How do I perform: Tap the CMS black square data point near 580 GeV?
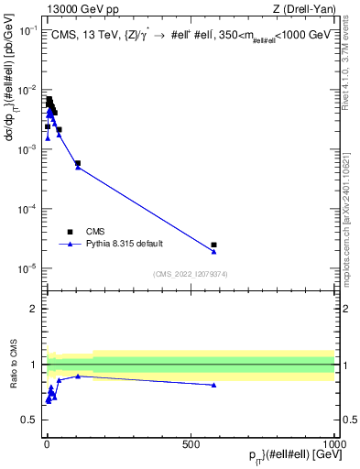[213, 245]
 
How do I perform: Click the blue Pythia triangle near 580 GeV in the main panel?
[213, 251]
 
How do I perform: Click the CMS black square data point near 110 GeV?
[78, 163]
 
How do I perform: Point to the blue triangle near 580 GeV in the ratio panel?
[213, 385]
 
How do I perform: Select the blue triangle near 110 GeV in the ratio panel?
[78, 376]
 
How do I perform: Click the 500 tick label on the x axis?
[191, 442]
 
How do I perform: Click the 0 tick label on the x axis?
[47, 442]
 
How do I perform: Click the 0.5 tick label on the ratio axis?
[32, 420]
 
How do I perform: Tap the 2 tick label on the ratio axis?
[36, 309]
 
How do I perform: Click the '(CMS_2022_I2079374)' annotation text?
[190, 273]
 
